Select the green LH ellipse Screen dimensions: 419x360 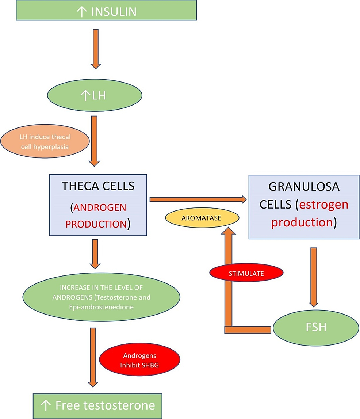tap(95, 96)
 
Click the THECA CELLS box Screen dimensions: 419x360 tap(98, 205)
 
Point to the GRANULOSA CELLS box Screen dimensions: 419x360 tap(304, 206)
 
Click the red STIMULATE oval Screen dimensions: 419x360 tap(246, 273)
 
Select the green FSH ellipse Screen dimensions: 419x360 tap(316, 326)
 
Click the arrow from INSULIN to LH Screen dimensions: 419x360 tap(96, 49)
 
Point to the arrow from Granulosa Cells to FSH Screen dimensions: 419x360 tap(313, 277)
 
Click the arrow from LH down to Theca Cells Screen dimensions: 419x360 tap(94, 141)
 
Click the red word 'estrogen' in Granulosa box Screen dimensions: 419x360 tap(323, 205)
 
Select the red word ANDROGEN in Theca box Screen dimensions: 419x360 tap(99, 207)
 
